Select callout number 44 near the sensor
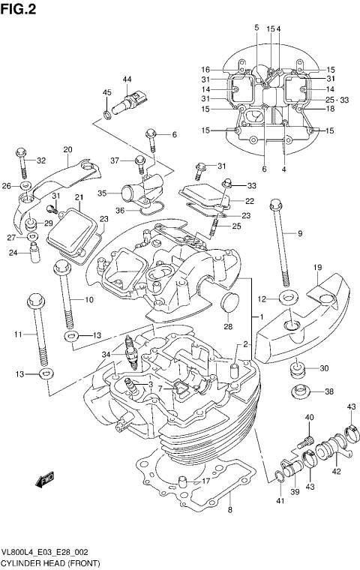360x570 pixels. click(127, 79)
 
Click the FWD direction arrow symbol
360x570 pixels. click(46, 478)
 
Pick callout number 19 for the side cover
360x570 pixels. click(317, 268)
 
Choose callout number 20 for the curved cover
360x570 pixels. click(67, 149)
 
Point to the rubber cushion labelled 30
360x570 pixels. click(298, 368)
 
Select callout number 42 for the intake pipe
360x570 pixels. click(336, 472)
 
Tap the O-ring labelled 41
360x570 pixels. click(278, 474)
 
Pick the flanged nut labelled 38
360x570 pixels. click(299, 391)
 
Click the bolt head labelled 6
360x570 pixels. click(151, 136)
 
